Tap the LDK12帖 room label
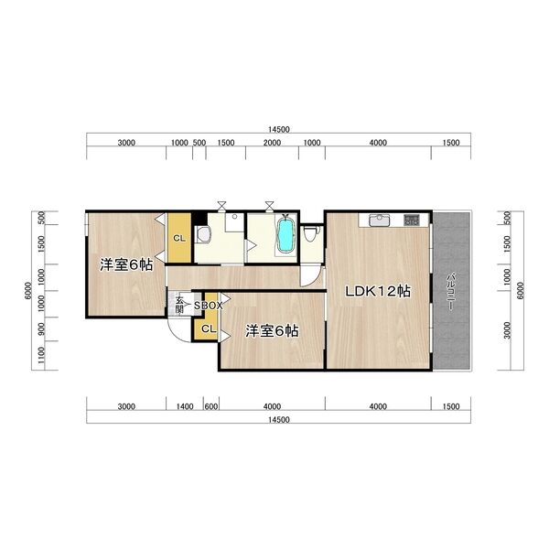[378, 291]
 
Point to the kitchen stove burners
[412, 220]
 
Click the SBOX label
[209, 306]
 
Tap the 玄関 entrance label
[179, 305]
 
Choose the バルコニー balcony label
[451, 291]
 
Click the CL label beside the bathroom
[179, 239]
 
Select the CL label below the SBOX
[209, 329]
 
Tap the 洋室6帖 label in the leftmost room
[126, 264]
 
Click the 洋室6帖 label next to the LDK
[272, 331]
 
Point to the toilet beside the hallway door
[311, 233]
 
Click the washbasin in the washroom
[203, 234]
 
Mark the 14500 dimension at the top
[279, 130]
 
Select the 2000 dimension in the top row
[272, 143]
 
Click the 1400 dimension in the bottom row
[185, 406]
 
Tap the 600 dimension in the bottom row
[211, 406]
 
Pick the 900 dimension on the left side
[41, 328]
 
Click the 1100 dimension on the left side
[41, 355]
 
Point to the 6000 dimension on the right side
[521, 291]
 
